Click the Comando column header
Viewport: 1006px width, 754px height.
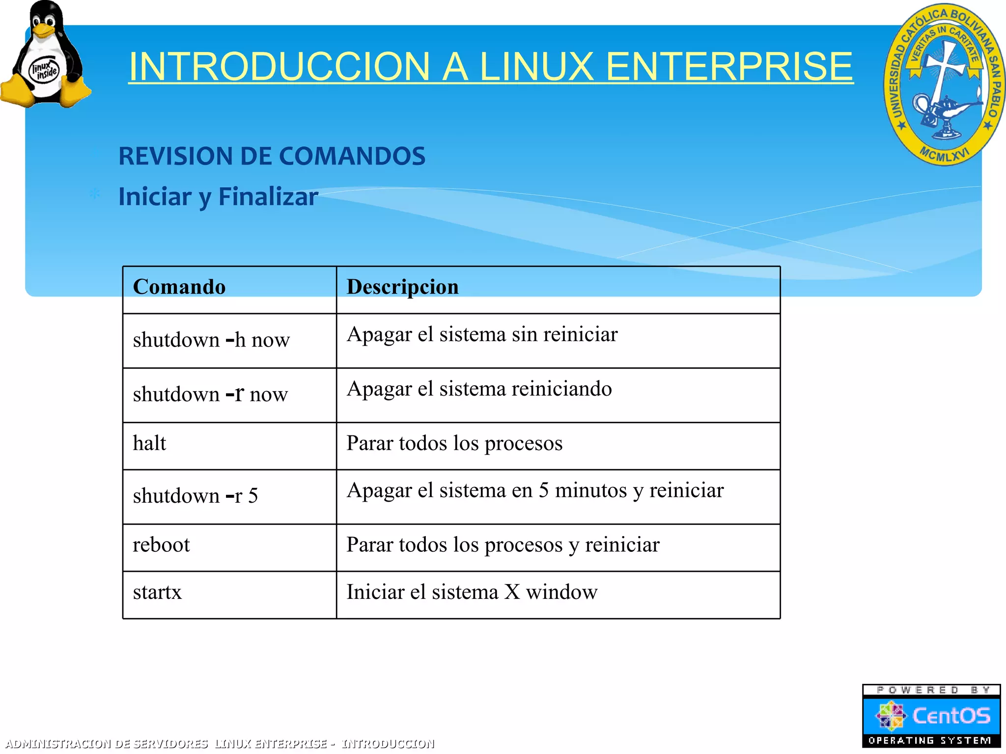[x=179, y=287]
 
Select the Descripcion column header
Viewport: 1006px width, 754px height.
[x=402, y=287]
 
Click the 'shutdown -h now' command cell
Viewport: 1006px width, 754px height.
[x=211, y=340]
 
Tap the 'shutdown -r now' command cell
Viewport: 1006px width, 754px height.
[x=210, y=394]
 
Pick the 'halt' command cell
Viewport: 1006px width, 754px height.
[x=149, y=443]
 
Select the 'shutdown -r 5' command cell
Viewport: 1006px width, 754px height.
[x=195, y=496]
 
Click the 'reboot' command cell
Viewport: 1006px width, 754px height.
[x=161, y=545]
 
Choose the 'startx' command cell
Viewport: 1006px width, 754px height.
[x=157, y=592]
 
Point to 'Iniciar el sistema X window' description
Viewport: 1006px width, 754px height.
[x=472, y=592]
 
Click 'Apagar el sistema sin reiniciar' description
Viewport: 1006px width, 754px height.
[x=482, y=335]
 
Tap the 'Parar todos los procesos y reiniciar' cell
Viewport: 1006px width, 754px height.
[x=503, y=545]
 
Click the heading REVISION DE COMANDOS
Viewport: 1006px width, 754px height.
[x=272, y=156]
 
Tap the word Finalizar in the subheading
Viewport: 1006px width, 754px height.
[x=268, y=197]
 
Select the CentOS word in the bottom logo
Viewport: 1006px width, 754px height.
[x=950, y=716]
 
